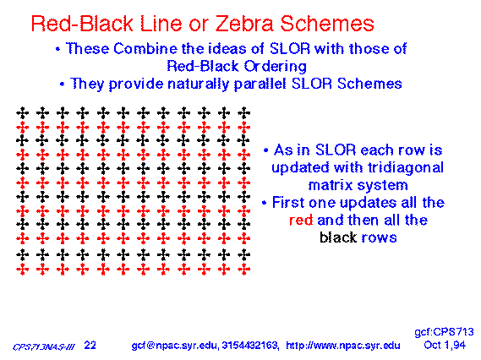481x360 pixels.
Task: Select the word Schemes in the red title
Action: (x=327, y=24)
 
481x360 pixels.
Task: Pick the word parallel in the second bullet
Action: (x=260, y=84)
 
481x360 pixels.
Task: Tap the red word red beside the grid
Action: (x=301, y=221)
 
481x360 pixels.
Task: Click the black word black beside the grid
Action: (x=338, y=237)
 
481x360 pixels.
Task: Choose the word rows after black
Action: (x=379, y=238)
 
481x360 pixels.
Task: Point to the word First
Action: (x=288, y=203)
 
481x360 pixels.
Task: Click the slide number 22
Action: (x=90, y=346)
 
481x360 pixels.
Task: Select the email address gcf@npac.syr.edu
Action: (x=175, y=346)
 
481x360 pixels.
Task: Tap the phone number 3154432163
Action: (x=249, y=346)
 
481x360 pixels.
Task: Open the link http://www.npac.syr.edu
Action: (x=343, y=346)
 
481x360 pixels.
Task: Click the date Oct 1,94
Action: (x=445, y=346)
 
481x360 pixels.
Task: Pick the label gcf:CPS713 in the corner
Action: (x=444, y=332)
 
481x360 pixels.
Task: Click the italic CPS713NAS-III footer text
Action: (x=44, y=347)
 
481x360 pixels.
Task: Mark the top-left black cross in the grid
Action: (x=22, y=113)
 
